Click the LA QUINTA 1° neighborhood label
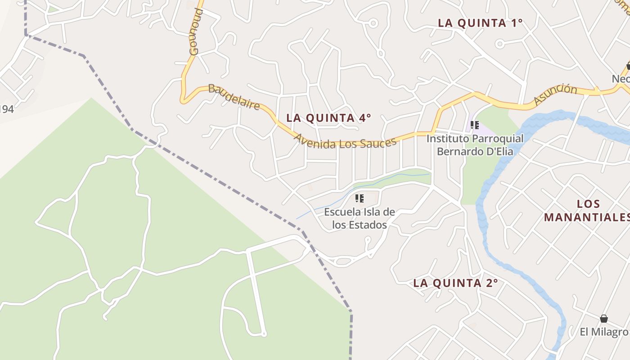click(x=480, y=23)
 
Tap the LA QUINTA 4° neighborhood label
click(x=328, y=118)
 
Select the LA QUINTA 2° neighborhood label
click(x=455, y=283)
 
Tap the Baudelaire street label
click(x=234, y=97)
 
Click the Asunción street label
click(x=556, y=94)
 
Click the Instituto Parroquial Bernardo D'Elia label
click(x=475, y=145)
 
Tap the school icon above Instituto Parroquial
click(x=474, y=125)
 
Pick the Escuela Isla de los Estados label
click(x=360, y=218)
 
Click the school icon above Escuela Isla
click(x=359, y=198)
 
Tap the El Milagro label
click(x=604, y=332)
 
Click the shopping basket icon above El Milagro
click(x=604, y=319)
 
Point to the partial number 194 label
click(x=6, y=109)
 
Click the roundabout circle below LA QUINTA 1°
click(x=499, y=44)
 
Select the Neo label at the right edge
click(x=621, y=79)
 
